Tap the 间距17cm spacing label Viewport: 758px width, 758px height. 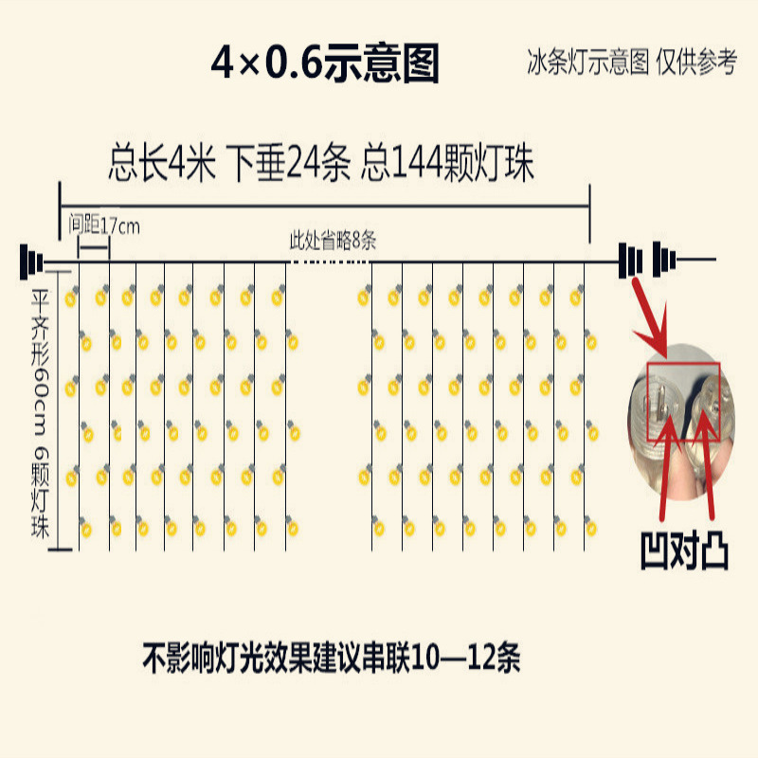(x=104, y=226)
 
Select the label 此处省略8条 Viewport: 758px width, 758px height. (x=333, y=241)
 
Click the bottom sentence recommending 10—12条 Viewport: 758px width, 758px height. (x=332, y=657)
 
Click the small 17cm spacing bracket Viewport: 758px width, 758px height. (x=93, y=246)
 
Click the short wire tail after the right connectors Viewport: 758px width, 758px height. (x=695, y=260)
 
